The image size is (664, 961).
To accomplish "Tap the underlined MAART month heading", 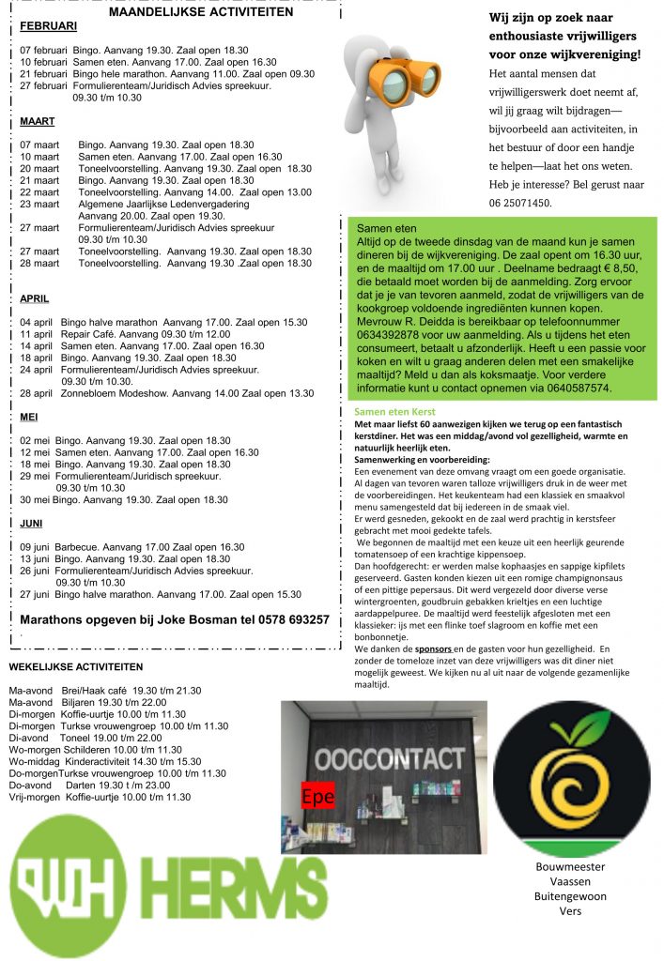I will [x=38, y=122].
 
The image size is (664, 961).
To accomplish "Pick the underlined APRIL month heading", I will [x=35, y=299].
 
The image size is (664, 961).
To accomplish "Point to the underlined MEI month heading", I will [x=29, y=417].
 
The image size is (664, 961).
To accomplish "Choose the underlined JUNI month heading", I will [x=32, y=524].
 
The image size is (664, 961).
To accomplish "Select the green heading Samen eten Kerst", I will [x=394, y=411].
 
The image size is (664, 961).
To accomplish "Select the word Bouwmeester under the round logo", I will [x=570, y=867].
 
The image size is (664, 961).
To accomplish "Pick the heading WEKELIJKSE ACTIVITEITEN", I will [x=75, y=667].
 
